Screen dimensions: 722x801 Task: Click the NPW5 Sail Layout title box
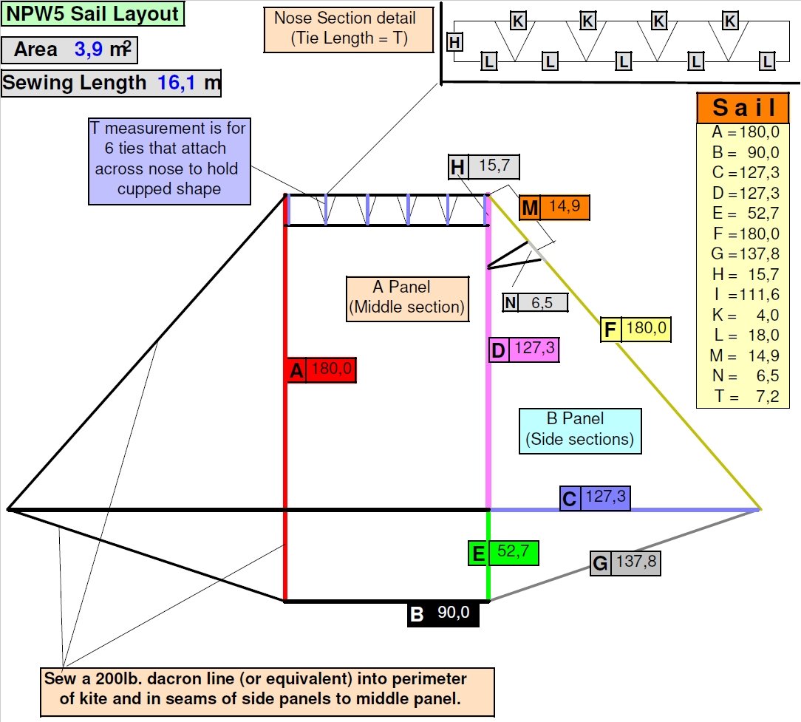(x=93, y=14)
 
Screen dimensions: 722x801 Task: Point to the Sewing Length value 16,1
(x=174, y=82)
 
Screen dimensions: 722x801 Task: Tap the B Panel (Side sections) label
(x=579, y=430)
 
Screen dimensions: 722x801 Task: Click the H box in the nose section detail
(x=455, y=43)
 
